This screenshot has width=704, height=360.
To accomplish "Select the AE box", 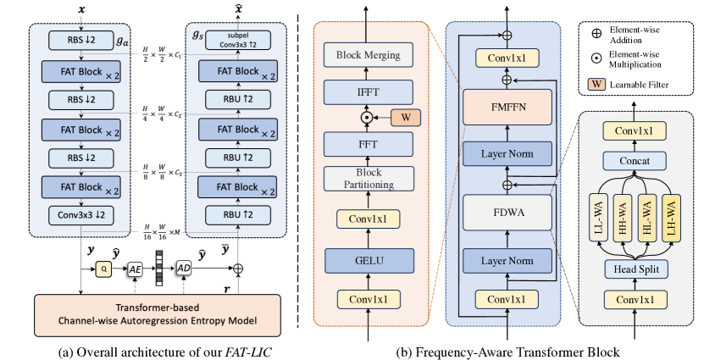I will [134, 269].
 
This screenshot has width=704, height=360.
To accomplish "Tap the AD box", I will [184, 269].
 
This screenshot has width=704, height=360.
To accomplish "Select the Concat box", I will [635, 160].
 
